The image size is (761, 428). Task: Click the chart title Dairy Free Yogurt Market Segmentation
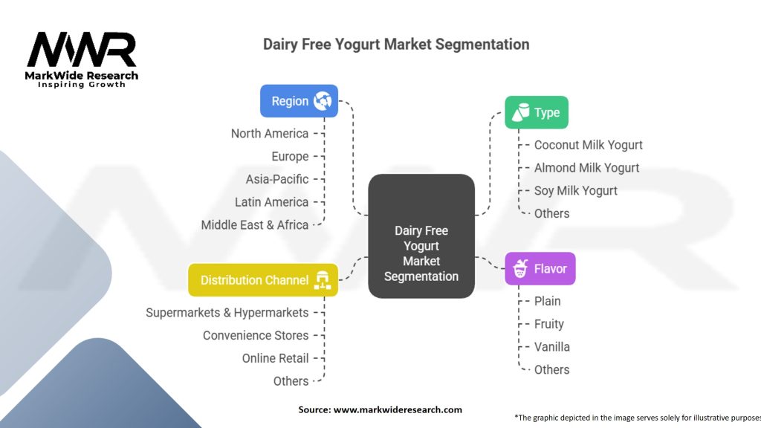point(396,44)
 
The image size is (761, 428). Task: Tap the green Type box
point(537,113)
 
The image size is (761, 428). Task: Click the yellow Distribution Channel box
point(263,280)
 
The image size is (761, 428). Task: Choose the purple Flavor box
point(540,269)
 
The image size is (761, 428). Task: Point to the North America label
point(269,134)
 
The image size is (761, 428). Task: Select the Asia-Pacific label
point(276,179)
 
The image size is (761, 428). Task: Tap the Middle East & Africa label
point(254,224)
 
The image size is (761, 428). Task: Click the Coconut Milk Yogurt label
point(588,145)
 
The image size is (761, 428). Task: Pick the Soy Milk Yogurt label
point(575,190)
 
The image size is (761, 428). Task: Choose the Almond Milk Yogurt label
point(586,168)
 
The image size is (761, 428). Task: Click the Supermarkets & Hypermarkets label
point(227,313)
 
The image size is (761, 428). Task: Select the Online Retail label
point(275,358)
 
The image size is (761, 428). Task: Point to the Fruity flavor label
point(548,324)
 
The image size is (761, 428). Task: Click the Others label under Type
point(551,213)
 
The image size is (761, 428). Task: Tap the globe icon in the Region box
point(323,101)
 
